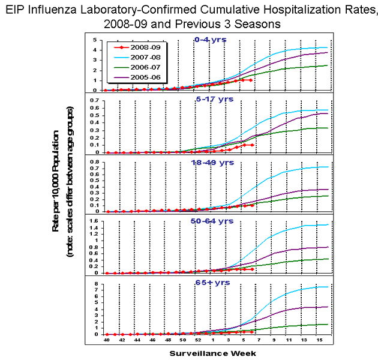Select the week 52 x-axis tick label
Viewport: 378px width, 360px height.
(x=197, y=340)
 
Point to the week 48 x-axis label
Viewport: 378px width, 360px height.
(x=167, y=340)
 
